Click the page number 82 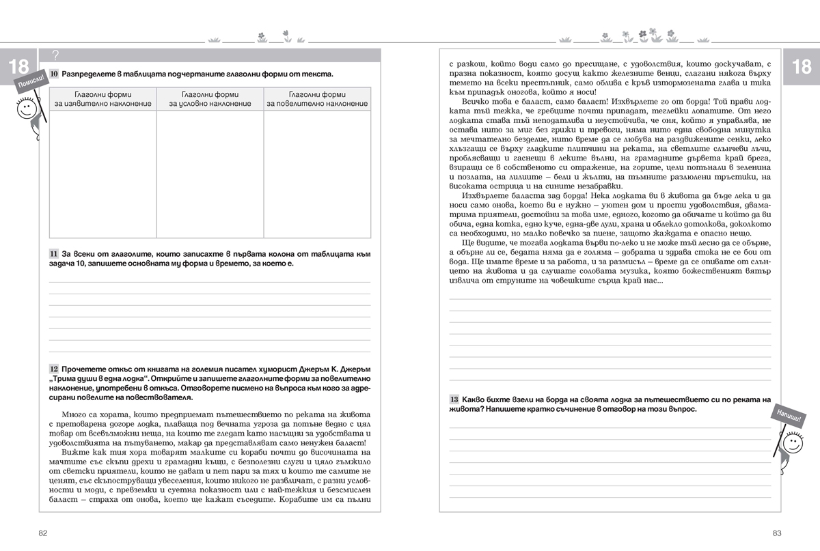(x=42, y=533)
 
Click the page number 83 (x=776, y=533)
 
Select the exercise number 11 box (x=54, y=253)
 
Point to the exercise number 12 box (x=54, y=368)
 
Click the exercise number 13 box (x=454, y=399)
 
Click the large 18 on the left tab (x=18, y=66)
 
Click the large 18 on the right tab (x=801, y=66)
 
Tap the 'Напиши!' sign (x=787, y=414)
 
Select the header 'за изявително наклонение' (x=102, y=104)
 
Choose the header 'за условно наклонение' (x=210, y=104)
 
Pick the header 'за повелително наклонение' (x=317, y=104)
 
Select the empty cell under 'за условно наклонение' (x=210, y=173)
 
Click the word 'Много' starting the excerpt (x=74, y=415)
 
